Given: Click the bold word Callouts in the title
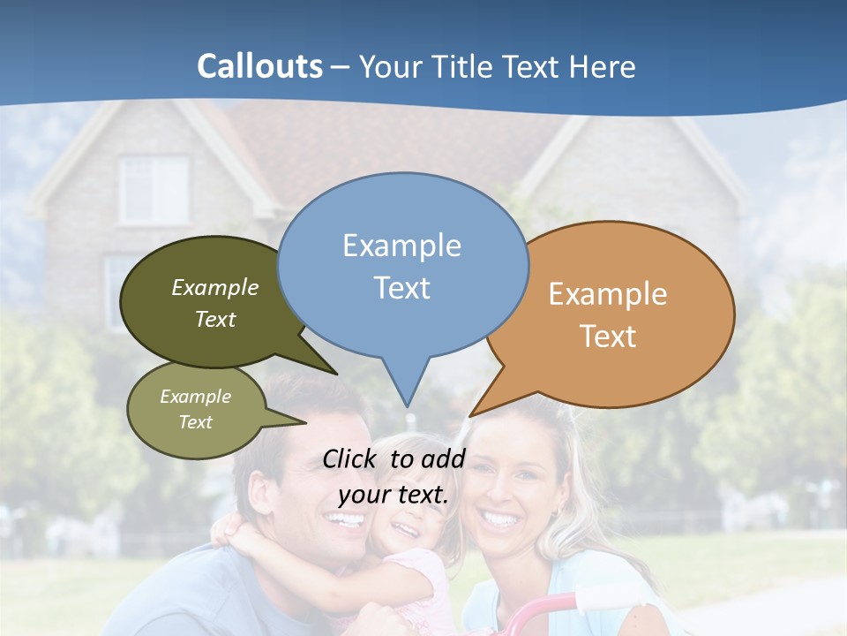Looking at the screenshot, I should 259,66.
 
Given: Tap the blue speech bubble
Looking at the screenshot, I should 403,265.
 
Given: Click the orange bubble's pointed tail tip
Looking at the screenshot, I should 471,414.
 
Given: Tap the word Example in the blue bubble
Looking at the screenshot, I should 401,246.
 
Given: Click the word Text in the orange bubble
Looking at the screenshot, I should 608,337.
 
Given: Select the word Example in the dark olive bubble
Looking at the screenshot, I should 215,288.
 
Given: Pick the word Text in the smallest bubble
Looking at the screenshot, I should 196,422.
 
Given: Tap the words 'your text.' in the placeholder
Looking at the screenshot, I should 394,495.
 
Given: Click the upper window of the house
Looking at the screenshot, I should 154,189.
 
